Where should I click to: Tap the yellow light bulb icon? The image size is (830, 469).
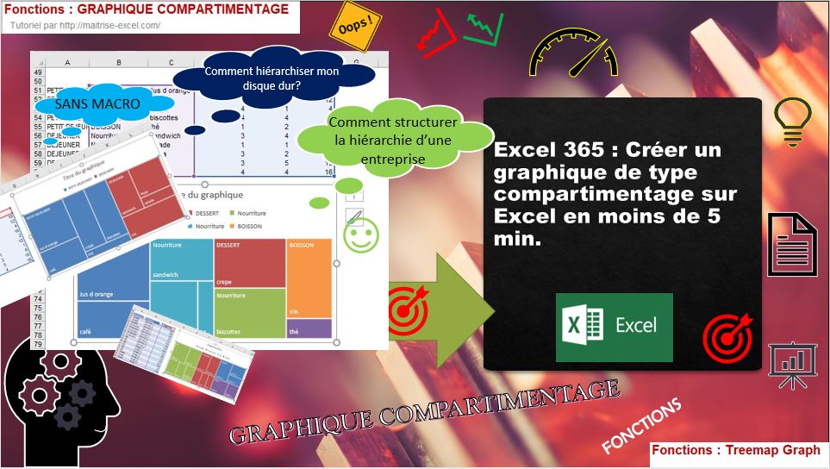click(793, 121)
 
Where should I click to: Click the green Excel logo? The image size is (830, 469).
click(614, 327)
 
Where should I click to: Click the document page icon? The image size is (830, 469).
click(792, 245)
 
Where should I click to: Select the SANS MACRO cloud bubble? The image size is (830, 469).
click(85, 103)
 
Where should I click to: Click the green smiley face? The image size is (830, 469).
click(360, 235)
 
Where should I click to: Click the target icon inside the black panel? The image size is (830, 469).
click(727, 337)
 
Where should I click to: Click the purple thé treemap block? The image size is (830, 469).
click(309, 328)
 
